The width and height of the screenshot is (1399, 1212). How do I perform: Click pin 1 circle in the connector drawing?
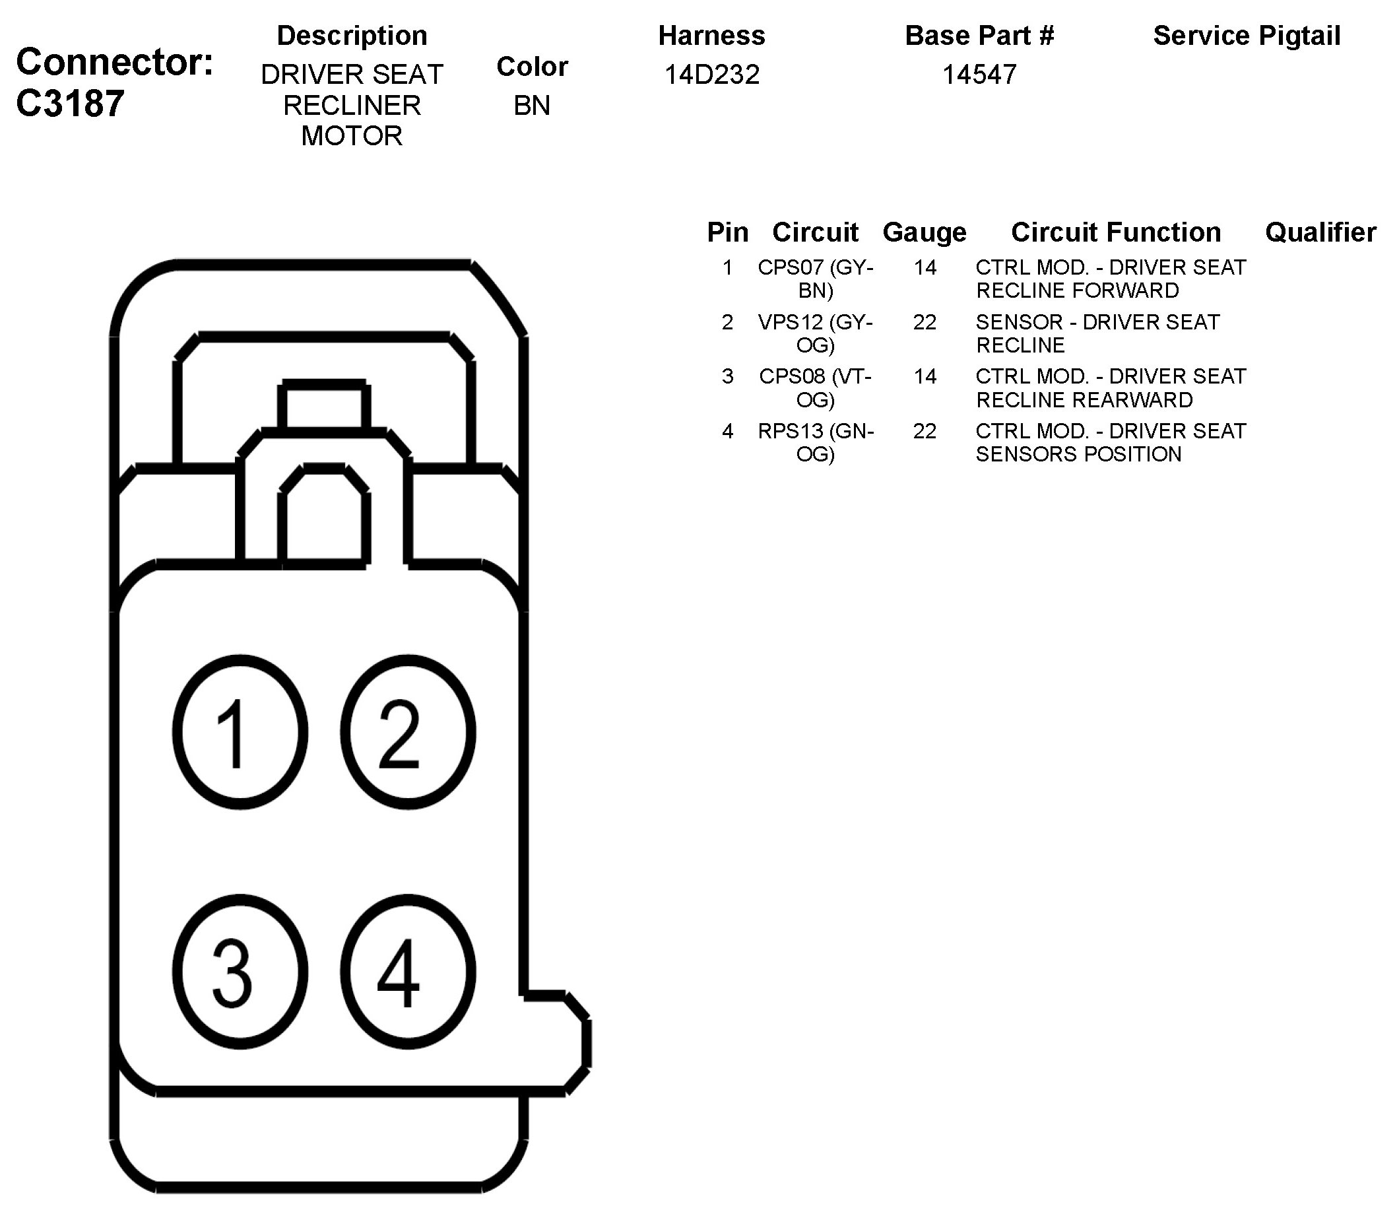[240, 732]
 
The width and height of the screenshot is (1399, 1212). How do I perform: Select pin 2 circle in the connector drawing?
[408, 732]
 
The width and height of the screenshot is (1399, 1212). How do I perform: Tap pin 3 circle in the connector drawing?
[240, 972]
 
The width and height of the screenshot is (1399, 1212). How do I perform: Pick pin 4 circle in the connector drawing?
[408, 972]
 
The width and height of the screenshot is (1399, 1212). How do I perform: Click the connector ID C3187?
[71, 104]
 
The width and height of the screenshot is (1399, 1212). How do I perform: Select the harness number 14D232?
[711, 75]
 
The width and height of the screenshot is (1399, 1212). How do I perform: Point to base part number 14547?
[979, 75]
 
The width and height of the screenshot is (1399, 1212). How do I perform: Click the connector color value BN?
[531, 106]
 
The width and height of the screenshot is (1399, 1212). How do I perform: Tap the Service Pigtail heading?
[1246, 36]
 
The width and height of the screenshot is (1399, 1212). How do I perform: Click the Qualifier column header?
[1320, 232]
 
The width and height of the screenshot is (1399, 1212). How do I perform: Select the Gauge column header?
[925, 232]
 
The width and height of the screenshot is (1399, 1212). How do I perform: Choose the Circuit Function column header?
[1116, 232]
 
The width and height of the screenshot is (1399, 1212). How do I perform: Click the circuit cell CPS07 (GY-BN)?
[816, 279]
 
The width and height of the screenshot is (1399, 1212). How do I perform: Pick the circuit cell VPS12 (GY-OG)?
[816, 333]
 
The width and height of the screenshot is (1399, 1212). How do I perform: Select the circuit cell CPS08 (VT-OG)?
[816, 387]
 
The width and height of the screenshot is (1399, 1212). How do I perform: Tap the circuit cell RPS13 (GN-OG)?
[816, 442]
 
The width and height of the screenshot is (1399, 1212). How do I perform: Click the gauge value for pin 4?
[925, 431]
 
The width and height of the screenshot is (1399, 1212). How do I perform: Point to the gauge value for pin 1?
[925, 268]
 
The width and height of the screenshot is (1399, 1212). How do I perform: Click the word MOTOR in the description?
[352, 136]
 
